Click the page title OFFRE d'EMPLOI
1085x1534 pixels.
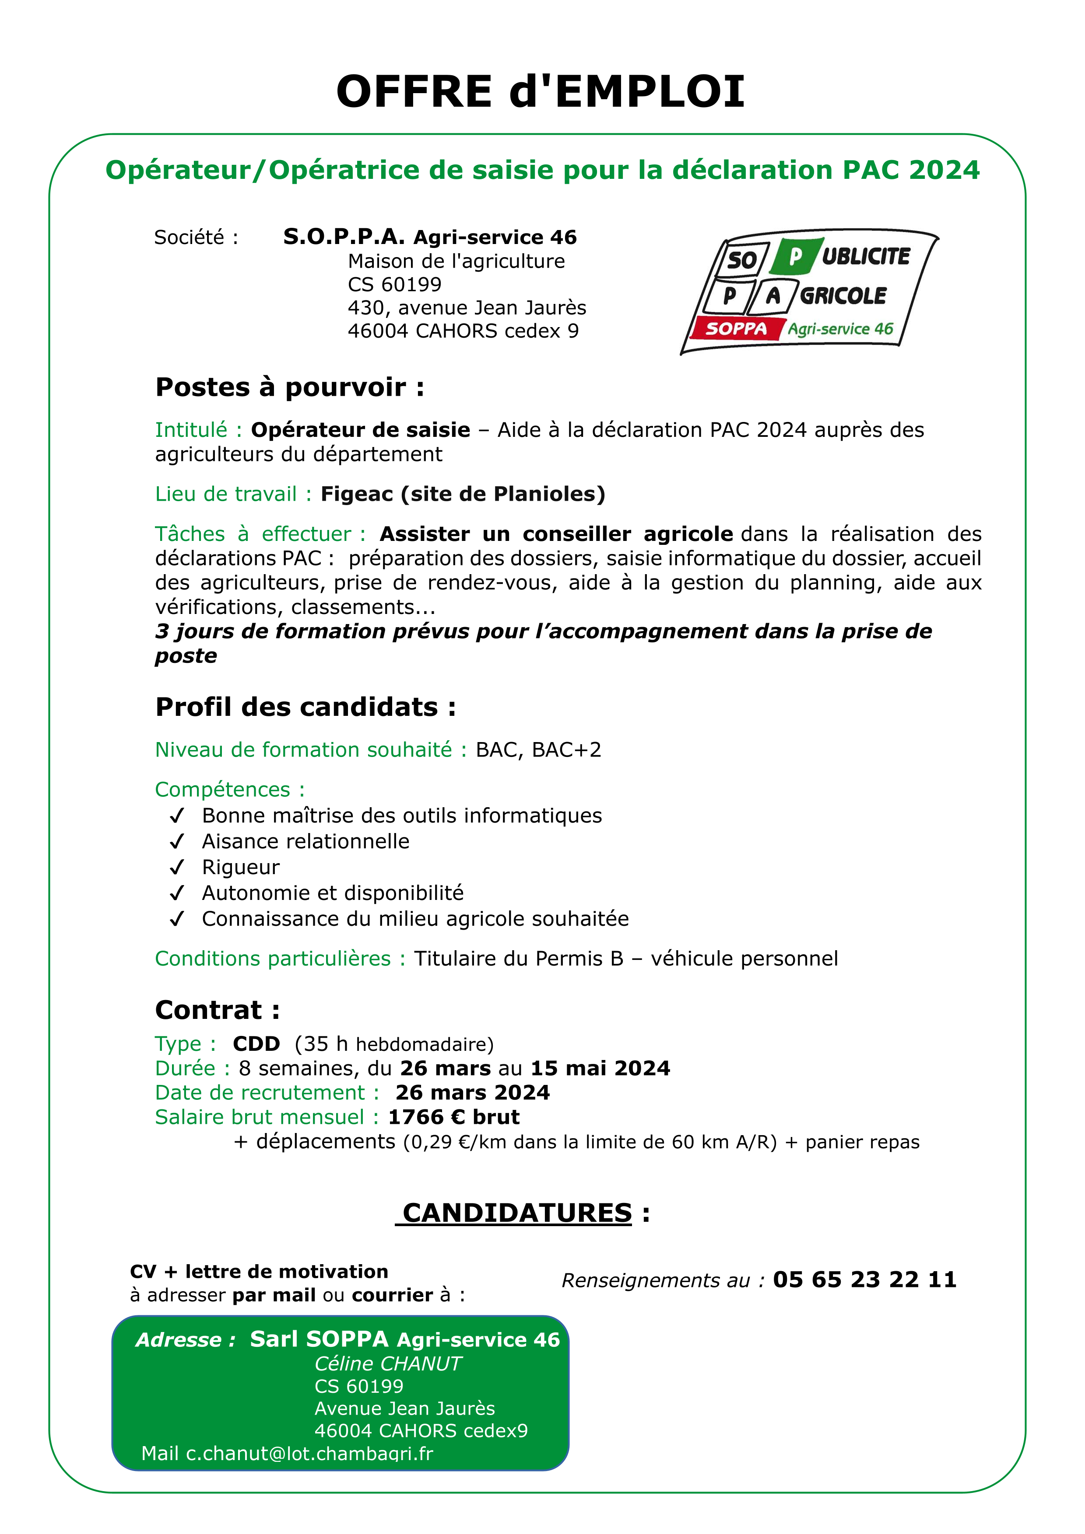[540, 91]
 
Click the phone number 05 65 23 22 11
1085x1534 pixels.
[864, 1279]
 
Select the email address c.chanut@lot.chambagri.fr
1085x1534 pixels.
[309, 1454]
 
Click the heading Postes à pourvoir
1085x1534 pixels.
[289, 387]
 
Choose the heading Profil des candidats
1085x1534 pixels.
[305, 707]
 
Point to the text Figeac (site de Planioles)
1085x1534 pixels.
[463, 495]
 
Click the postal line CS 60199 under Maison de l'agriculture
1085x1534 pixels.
[394, 285]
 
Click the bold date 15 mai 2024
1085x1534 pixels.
[600, 1068]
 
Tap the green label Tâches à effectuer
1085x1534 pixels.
[260, 534]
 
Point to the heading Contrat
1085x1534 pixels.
[217, 1010]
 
